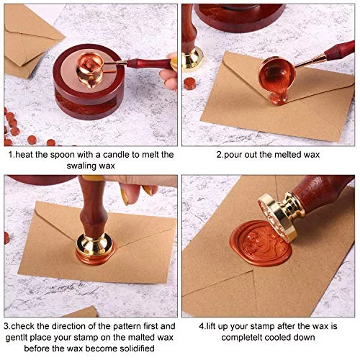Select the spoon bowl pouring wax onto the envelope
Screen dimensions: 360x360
276,74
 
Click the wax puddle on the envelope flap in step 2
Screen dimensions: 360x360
279,99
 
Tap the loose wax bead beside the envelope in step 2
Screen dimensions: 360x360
190,84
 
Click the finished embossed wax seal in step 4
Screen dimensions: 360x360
261,243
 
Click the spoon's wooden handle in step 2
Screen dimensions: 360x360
340,50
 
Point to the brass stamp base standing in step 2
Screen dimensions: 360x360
192,60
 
